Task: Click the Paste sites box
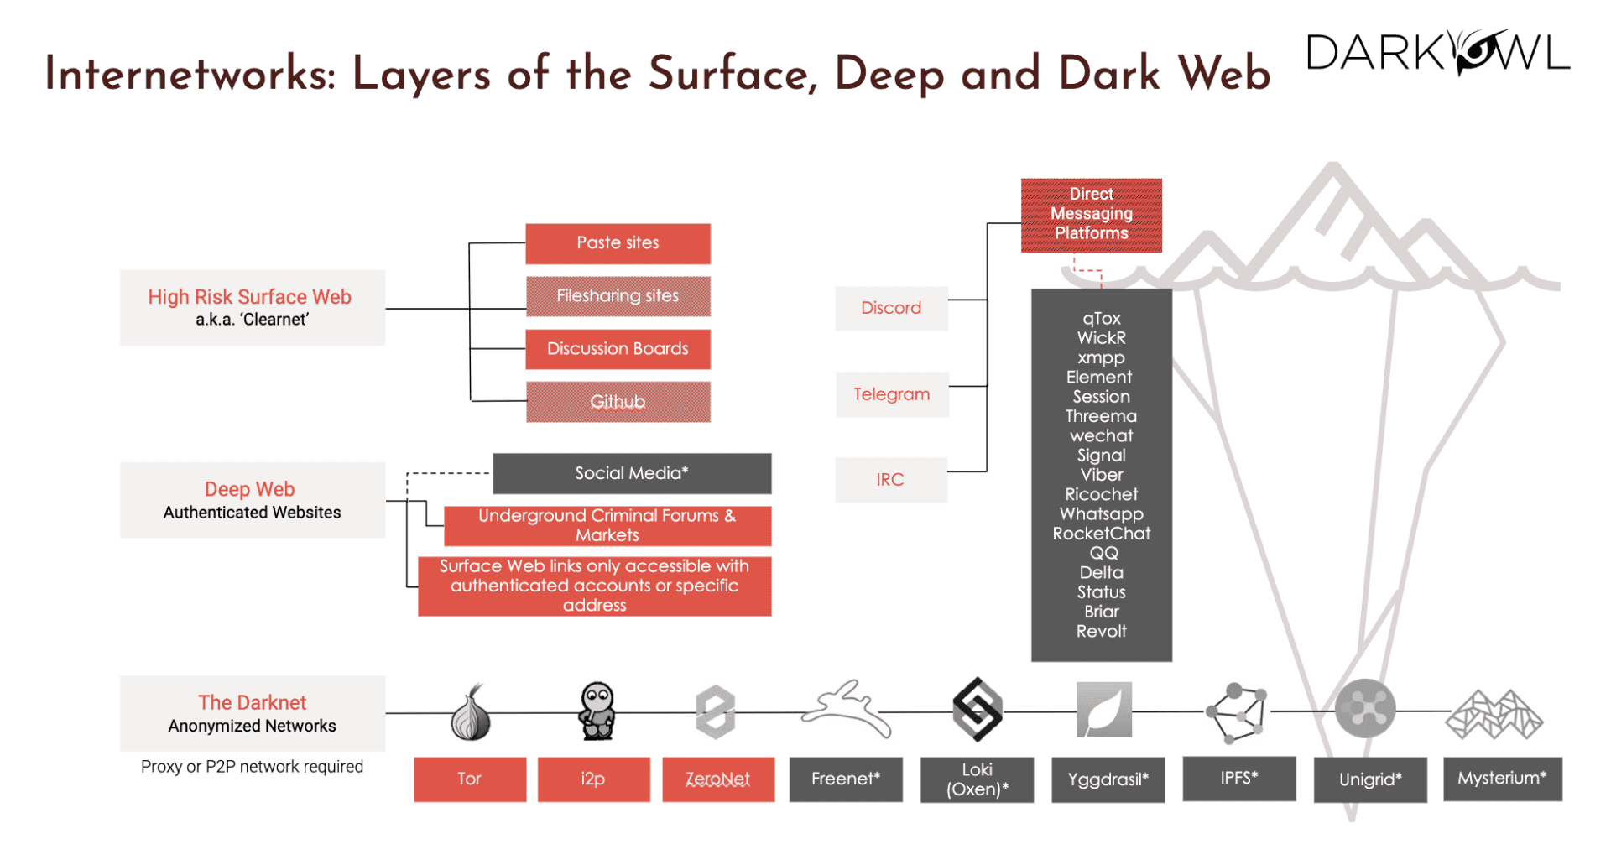pyautogui.click(x=618, y=243)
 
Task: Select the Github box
pyautogui.click(x=618, y=402)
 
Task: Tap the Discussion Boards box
pyautogui.click(x=618, y=349)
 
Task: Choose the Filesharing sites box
pyautogui.click(x=618, y=296)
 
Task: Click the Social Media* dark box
pyautogui.click(x=631, y=473)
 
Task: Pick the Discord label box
pyautogui.click(x=891, y=308)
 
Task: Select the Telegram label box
pyautogui.click(x=892, y=394)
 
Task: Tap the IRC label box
pyautogui.click(x=890, y=480)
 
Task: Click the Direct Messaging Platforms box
pyautogui.click(x=1091, y=215)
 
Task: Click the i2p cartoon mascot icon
pyautogui.click(x=597, y=711)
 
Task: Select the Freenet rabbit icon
pyautogui.click(x=846, y=709)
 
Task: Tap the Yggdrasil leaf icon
pyautogui.click(x=1103, y=710)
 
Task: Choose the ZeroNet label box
pyautogui.click(x=718, y=779)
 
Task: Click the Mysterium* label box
pyautogui.click(x=1502, y=779)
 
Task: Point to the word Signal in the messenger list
pyautogui.click(x=1101, y=456)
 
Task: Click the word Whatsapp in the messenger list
pyautogui.click(x=1101, y=514)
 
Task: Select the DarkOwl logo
pyautogui.click(x=1438, y=53)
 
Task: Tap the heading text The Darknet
pyautogui.click(x=252, y=702)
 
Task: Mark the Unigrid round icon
pyautogui.click(x=1365, y=709)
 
